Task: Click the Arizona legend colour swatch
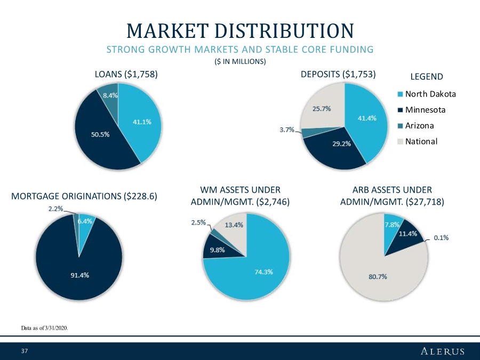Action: (401, 126)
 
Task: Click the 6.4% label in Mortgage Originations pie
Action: (85, 221)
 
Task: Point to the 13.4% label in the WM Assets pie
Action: (234, 225)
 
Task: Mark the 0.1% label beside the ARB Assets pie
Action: (440, 238)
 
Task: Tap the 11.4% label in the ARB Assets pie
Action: (407, 234)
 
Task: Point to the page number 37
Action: (24, 351)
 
